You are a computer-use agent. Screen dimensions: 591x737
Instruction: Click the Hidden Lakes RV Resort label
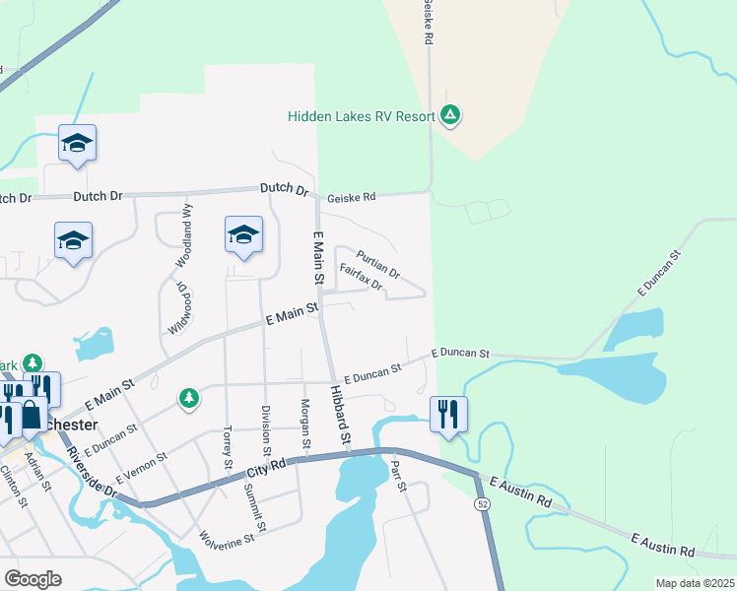(x=361, y=116)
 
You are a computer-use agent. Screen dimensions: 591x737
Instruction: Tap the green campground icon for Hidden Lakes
(x=450, y=116)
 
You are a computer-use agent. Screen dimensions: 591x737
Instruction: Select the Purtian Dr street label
(x=377, y=263)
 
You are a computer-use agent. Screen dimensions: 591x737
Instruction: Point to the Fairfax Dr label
(x=360, y=275)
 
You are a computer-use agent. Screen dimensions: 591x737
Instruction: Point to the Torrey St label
(x=228, y=447)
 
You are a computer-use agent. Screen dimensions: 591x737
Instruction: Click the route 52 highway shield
(x=482, y=503)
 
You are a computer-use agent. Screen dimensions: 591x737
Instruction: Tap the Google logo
(x=33, y=578)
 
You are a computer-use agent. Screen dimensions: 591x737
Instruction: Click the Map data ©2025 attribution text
(x=695, y=583)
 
